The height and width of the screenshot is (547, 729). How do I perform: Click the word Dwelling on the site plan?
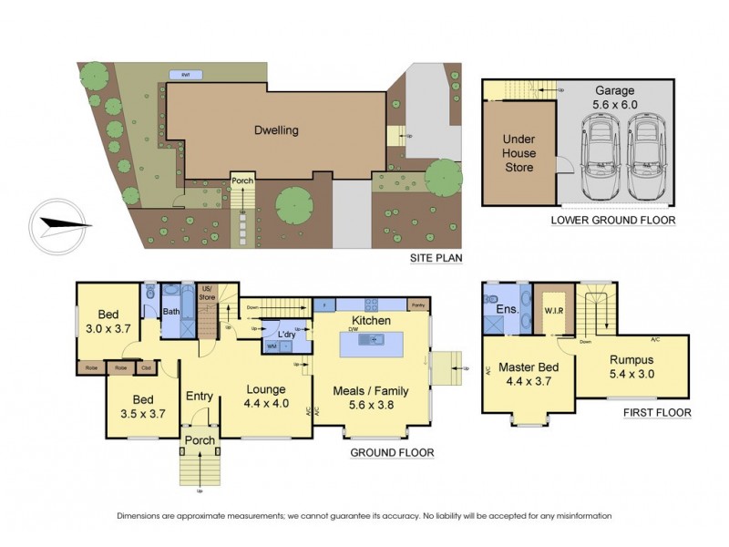pyautogui.click(x=276, y=130)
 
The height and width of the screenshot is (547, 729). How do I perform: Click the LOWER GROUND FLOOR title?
pyautogui.click(x=612, y=221)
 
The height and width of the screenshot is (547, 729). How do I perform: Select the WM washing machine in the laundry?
pyautogui.click(x=272, y=347)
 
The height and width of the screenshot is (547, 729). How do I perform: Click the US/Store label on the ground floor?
pyautogui.click(x=206, y=291)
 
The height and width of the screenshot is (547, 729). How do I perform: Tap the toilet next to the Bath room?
pyautogui.click(x=151, y=294)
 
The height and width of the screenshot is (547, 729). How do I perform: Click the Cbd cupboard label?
pyautogui.click(x=146, y=368)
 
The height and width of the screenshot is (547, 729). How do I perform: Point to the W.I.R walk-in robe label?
pyautogui.click(x=552, y=309)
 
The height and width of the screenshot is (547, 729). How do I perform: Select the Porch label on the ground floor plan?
pyautogui.click(x=200, y=440)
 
